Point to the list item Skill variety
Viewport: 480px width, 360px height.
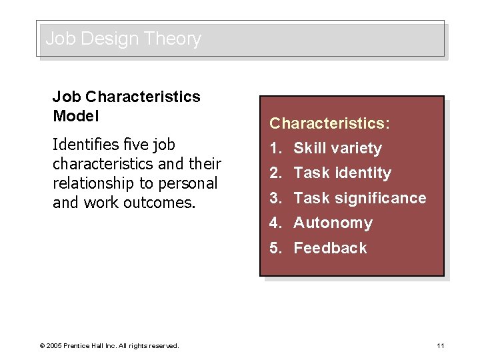point(337,148)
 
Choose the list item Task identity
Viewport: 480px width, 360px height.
point(342,173)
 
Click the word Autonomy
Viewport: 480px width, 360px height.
point(333,223)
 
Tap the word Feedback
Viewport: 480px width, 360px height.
point(330,248)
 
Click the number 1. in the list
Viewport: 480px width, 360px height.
point(276,148)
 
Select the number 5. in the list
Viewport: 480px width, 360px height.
point(276,248)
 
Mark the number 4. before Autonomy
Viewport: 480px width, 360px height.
point(276,223)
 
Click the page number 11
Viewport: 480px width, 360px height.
point(440,345)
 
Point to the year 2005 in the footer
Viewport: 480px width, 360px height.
point(53,345)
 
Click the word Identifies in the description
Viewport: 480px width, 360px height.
point(81,145)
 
